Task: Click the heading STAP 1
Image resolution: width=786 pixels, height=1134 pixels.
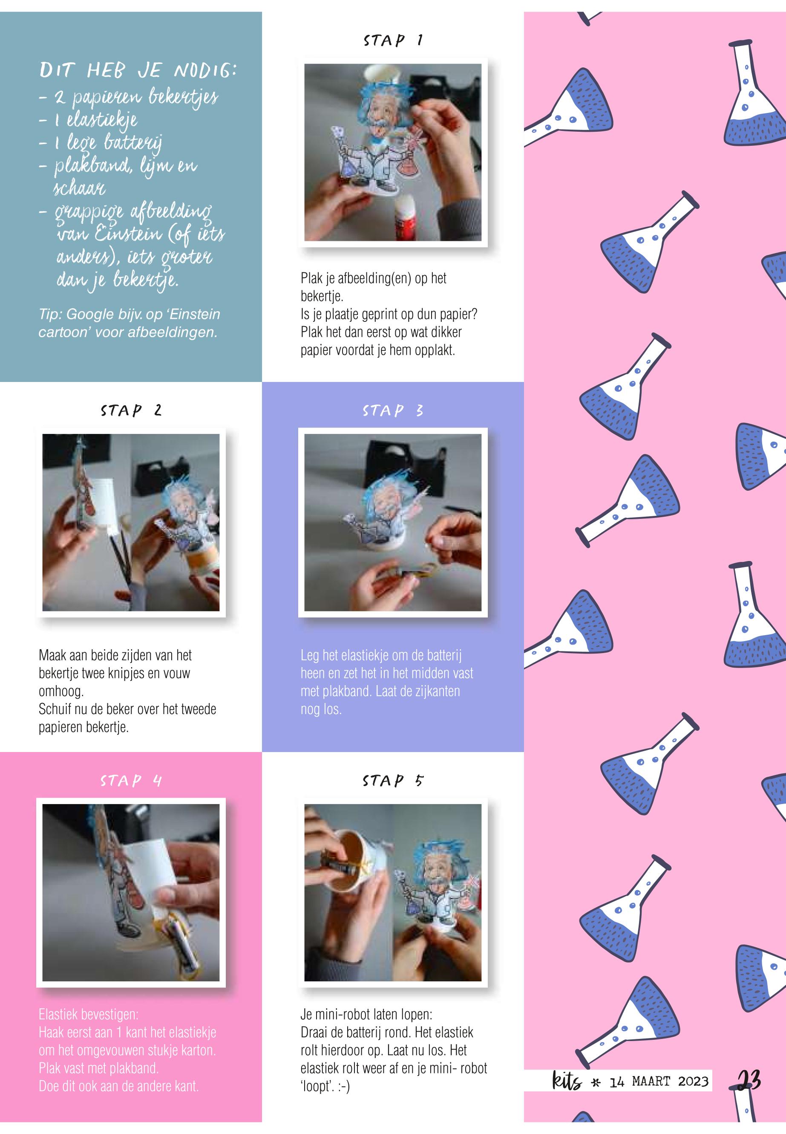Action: pyautogui.click(x=393, y=40)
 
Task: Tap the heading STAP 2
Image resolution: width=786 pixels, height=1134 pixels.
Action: pyautogui.click(x=131, y=410)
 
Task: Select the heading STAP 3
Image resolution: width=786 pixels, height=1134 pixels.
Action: pyautogui.click(x=393, y=410)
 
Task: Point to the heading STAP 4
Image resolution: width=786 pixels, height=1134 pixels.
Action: pyautogui.click(x=131, y=781)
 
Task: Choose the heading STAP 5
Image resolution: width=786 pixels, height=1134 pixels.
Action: pyautogui.click(x=393, y=781)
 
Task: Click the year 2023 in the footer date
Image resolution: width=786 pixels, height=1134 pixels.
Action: pyautogui.click(x=693, y=1081)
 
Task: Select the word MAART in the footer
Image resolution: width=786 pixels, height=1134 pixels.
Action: pyautogui.click(x=651, y=1081)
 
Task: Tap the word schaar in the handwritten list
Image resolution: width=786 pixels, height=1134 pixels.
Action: pyautogui.click(x=79, y=188)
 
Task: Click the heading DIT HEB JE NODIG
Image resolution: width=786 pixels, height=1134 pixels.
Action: pyautogui.click(x=138, y=71)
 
